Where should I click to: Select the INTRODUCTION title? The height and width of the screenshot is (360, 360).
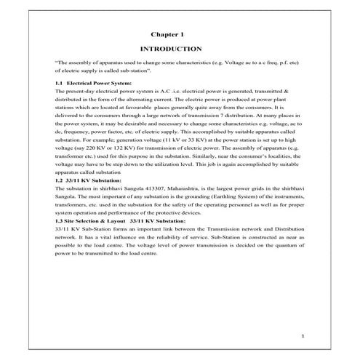pos(169,49)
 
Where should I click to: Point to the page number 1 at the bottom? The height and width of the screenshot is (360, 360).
pos(303,336)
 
